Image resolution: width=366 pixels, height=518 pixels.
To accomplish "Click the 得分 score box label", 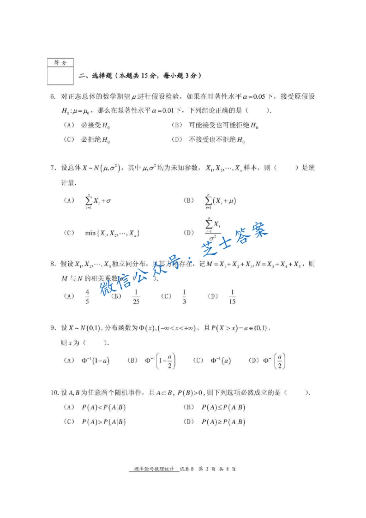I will (x=60, y=62).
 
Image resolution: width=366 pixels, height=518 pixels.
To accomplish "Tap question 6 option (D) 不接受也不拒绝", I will (x=216, y=140).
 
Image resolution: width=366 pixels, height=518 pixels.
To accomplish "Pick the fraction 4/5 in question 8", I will (x=87, y=296).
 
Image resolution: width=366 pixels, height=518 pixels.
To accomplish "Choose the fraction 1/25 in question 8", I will (x=136, y=296).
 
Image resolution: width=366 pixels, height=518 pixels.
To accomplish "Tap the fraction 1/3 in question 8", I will (x=184, y=296).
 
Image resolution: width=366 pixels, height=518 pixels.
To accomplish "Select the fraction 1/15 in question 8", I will (x=232, y=296).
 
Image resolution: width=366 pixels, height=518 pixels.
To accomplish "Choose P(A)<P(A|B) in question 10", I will (x=104, y=407).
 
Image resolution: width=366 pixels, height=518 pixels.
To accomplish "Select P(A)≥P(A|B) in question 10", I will (x=223, y=422).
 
